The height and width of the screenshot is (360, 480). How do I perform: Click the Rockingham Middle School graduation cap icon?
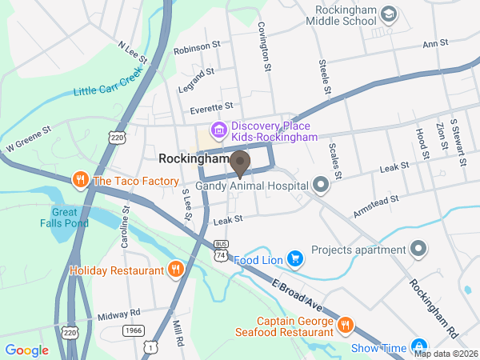click(x=388, y=14)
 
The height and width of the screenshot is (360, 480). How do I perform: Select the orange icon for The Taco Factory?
click(x=80, y=181)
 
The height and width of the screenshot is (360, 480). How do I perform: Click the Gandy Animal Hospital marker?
click(x=321, y=186)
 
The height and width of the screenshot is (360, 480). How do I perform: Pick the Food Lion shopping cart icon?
click(x=295, y=259)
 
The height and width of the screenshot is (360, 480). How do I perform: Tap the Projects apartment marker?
click(x=417, y=250)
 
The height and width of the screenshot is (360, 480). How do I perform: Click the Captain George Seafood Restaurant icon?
click(x=345, y=325)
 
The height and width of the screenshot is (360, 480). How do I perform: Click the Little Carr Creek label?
click(x=107, y=81)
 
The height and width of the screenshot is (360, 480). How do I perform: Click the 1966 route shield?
click(x=133, y=330)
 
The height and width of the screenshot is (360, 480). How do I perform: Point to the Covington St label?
click(x=262, y=46)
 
